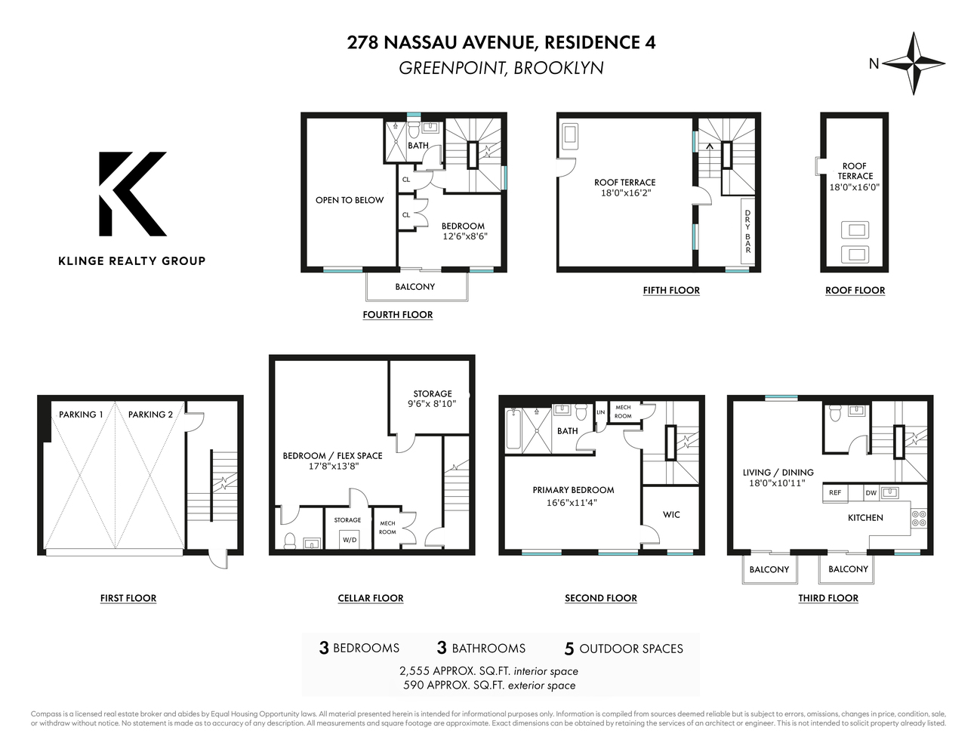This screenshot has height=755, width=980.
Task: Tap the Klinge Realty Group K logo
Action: click(131, 194)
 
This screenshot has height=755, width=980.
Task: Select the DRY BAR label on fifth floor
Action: click(747, 231)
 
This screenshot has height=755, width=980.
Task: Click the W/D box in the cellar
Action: click(349, 540)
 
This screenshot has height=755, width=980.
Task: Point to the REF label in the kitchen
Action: click(835, 493)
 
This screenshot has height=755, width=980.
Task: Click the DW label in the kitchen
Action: click(871, 493)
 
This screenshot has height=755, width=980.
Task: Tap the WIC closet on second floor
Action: click(671, 515)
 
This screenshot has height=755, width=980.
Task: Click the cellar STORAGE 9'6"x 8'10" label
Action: click(433, 399)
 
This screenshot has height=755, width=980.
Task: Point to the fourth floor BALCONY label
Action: click(414, 287)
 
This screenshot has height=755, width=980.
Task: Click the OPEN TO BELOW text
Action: click(350, 200)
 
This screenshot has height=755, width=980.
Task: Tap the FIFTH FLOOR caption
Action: click(671, 291)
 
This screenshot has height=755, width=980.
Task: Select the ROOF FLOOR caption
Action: click(855, 291)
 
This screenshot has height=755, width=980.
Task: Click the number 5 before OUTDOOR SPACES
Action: click(569, 649)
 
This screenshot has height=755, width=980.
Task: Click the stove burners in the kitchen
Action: click(919, 518)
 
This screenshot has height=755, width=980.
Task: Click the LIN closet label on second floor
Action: click(601, 413)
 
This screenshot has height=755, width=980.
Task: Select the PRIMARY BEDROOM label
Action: click(573, 490)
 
